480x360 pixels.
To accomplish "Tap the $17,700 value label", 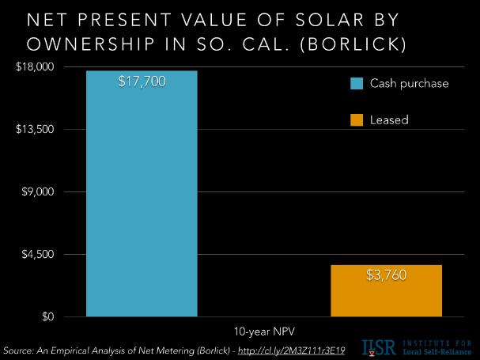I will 142,81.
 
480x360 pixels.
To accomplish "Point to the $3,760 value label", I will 387,276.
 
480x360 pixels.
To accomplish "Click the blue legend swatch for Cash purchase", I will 357,83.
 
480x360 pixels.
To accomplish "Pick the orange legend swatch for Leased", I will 357,120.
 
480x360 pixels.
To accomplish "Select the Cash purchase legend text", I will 410,83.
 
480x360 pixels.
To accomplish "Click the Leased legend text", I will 389,120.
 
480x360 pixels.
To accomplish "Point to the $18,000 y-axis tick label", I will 33,66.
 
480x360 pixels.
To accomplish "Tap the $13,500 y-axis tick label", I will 33,129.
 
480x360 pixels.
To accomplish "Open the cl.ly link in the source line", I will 289,349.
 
